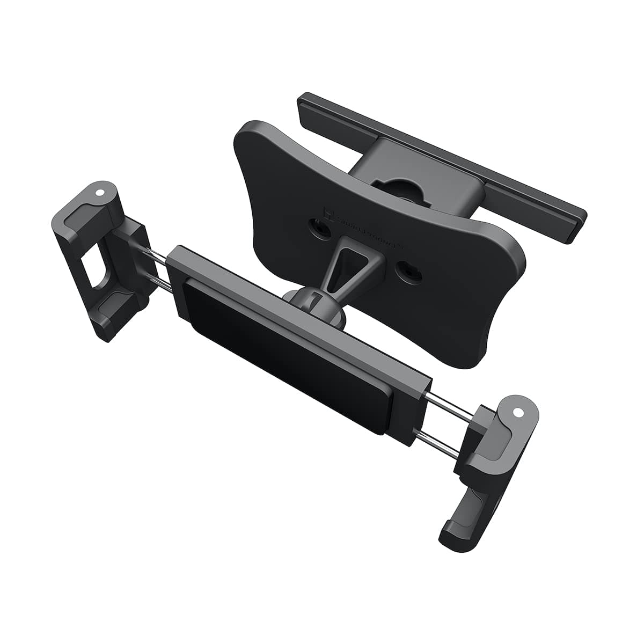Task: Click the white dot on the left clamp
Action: click(99, 192)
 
